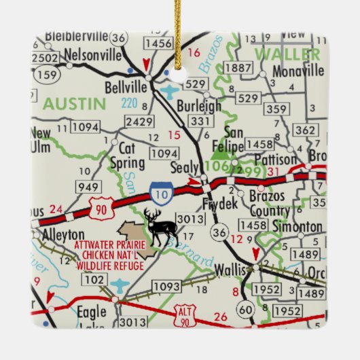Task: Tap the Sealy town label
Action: [x=184, y=168]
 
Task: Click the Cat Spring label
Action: [x=127, y=156]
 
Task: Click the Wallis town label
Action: [x=229, y=270]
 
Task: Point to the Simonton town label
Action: [x=297, y=226]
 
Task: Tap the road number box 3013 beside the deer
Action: [x=190, y=217]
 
